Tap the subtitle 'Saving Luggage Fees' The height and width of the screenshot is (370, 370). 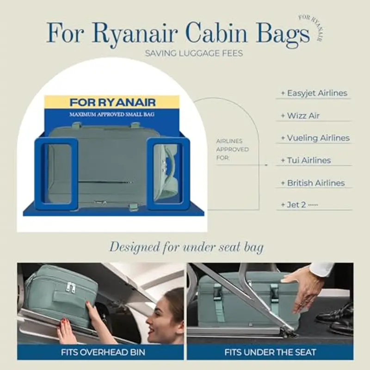194,53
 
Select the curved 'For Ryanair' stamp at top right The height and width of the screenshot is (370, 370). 312,27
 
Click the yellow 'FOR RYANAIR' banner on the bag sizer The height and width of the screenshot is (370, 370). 112,102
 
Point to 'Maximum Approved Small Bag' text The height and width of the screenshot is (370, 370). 112,115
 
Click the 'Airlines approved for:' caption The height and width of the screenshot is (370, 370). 233,149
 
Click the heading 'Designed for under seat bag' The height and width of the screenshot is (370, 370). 186,247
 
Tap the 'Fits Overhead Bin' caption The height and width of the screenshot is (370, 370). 103,352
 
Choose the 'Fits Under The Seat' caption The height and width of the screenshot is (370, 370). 270,352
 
